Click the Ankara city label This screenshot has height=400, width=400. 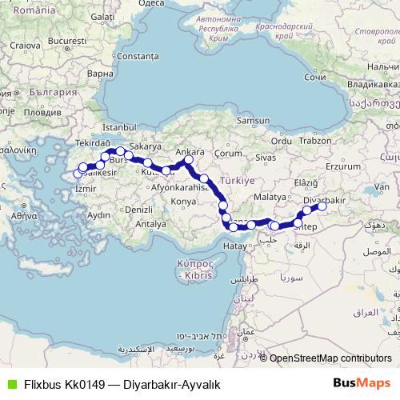coord(190,150)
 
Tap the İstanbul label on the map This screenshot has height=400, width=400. coord(121,127)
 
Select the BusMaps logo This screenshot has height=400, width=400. coord(367,382)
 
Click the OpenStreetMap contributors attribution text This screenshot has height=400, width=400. coord(330,358)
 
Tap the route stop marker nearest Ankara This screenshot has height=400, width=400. coord(189,161)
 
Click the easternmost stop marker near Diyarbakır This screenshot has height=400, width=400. coord(322,206)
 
